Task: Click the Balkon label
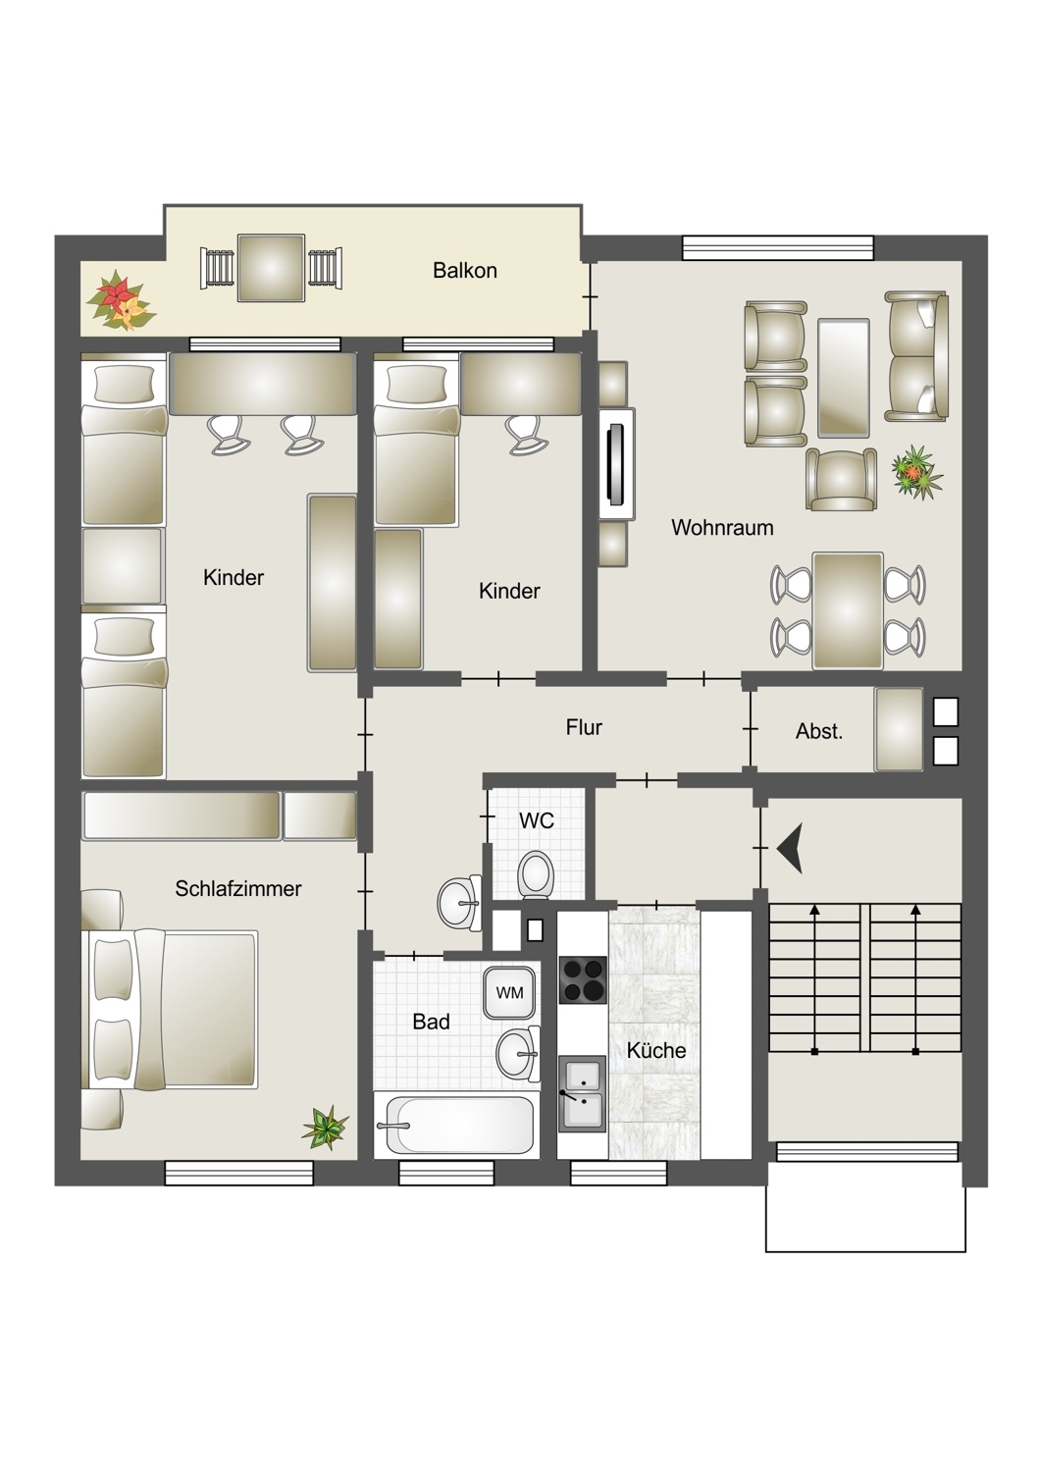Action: point(464,270)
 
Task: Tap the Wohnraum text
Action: point(722,527)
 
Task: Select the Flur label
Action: point(584,727)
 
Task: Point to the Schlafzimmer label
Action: point(237,888)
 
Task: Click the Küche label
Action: point(655,1049)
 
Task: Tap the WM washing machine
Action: point(509,992)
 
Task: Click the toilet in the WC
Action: point(536,874)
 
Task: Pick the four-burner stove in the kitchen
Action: point(583,979)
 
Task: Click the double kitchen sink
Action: point(582,1093)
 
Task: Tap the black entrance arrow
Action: point(790,849)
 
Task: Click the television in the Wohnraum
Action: point(617,464)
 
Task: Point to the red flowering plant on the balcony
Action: point(121,301)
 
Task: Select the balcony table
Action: point(272,268)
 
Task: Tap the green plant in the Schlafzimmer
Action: point(325,1128)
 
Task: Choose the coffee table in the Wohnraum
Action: point(844,378)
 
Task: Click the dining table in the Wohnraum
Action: point(848,610)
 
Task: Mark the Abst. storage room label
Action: point(818,731)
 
